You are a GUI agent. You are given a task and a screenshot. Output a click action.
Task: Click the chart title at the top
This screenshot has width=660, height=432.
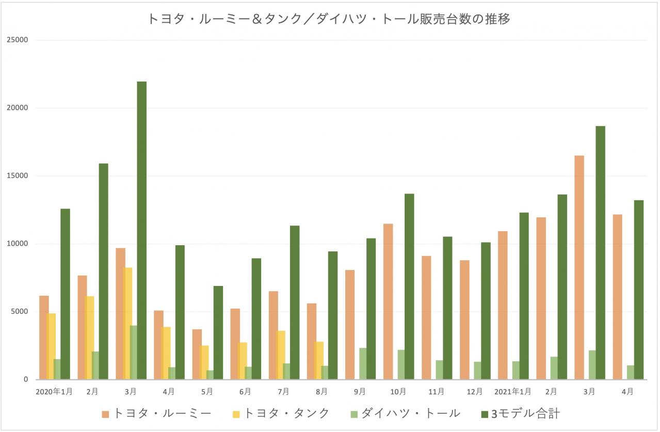329,19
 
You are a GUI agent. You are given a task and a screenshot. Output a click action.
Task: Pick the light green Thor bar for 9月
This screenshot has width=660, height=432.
363,364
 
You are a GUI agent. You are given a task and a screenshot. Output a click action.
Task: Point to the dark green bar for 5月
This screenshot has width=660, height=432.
218,333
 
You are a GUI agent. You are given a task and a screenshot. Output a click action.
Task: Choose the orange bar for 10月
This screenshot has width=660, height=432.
388,301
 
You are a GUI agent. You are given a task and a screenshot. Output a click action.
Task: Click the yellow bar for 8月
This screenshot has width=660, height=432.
319,360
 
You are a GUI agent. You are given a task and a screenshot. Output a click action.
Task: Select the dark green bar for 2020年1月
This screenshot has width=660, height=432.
65,294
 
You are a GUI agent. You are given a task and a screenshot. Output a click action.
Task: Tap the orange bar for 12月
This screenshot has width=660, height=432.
464,319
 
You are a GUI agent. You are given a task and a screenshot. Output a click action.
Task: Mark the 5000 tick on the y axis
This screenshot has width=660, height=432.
20,312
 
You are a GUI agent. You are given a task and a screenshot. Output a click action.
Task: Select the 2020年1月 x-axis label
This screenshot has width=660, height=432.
54,392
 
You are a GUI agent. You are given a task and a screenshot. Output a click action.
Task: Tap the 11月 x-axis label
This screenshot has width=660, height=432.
436,392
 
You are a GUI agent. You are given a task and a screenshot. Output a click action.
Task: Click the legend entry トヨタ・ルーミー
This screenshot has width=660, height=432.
157,413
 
